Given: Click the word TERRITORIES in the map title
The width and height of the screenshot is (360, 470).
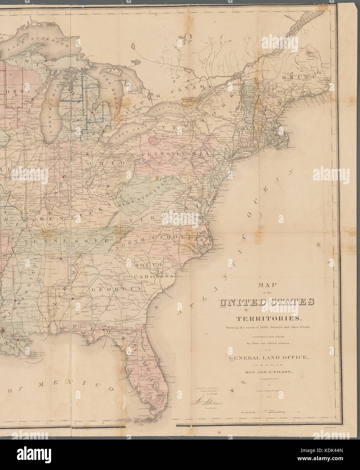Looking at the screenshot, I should pos(268,319).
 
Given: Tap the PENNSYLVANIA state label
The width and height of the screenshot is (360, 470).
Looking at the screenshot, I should pos(177,154).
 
